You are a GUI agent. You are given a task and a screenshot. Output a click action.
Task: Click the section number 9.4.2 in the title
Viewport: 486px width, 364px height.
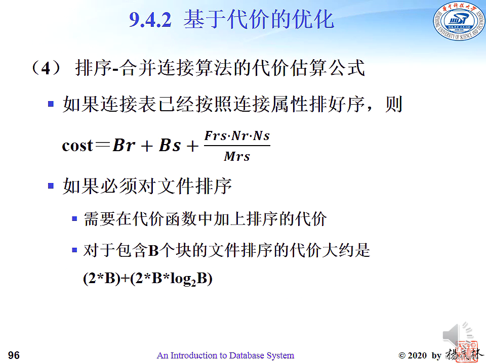click(x=150, y=20)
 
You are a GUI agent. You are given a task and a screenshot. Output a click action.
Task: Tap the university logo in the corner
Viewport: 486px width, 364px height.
click(x=459, y=22)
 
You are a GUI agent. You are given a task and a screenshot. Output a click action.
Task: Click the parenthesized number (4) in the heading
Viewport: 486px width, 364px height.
click(x=46, y=68)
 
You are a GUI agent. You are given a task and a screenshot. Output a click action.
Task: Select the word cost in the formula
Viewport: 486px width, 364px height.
click(x=77, y=145)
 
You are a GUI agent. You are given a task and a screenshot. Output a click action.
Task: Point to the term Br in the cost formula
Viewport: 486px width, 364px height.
click(x=124, y=145)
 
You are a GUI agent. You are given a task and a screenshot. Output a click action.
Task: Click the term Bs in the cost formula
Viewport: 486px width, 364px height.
click(x=170, y=145)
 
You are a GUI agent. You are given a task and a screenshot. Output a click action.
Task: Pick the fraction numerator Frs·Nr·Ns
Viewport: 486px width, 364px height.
click(x=237, y=136)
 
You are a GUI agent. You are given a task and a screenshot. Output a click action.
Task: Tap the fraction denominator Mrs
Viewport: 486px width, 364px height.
click(x=237, y=156)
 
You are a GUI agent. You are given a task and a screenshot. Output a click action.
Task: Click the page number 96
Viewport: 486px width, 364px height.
click(x=14, y=355)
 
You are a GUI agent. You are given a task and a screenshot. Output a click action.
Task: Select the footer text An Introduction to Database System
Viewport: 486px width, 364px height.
click(x=225, y=355)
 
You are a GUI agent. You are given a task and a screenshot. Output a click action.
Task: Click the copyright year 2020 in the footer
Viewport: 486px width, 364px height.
click(x=417, y=355)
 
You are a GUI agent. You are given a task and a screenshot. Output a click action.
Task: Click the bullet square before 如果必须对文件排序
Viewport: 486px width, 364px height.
click(x=51, y=186)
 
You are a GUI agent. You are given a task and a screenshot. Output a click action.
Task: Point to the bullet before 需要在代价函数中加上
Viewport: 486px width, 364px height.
click(x=74, y=219)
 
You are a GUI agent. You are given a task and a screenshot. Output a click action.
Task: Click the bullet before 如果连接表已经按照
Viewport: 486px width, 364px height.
click(x=51, y=104)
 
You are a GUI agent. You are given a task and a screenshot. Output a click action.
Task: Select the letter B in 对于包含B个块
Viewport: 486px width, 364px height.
click(x=153, y=251)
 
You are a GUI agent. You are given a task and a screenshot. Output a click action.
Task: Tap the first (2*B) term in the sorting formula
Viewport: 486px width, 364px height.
click(x=102, y=279)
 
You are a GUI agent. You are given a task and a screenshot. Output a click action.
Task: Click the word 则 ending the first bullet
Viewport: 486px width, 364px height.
click(x=393, y=104)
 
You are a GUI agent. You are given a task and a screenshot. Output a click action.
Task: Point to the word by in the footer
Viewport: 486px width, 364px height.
click(x=436, y=355)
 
